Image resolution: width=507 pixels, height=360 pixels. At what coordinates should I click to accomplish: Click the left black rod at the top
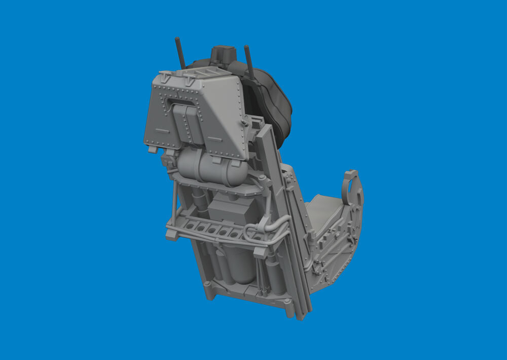180,53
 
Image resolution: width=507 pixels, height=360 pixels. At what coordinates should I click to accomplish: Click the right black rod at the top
249,62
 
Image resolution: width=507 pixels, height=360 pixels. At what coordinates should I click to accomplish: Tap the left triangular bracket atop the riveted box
164,77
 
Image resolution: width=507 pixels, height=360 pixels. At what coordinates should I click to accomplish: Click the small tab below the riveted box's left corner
152,150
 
